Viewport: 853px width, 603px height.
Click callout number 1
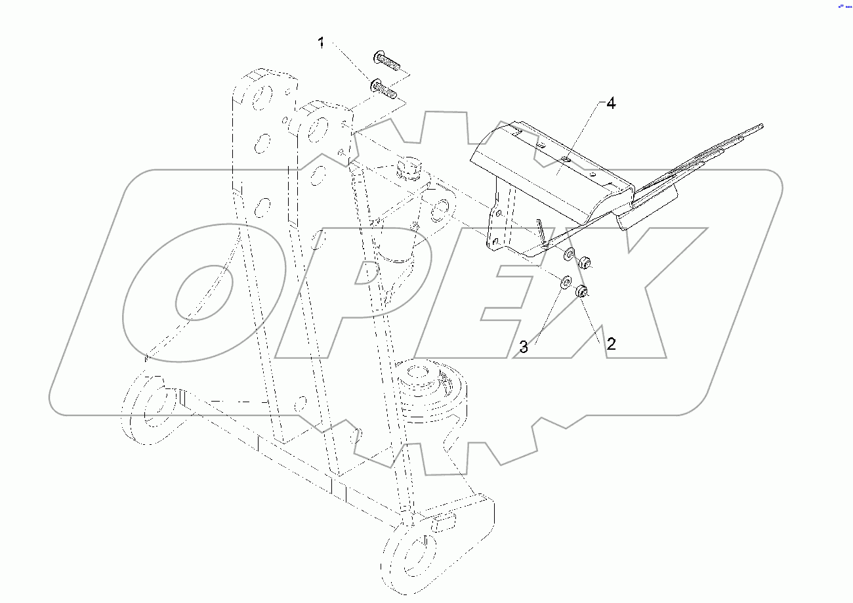coord(321,44)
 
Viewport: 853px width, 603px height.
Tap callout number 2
coord(610,343)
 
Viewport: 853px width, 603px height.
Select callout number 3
coord(524,348)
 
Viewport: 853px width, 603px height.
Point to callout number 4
coord(610,104)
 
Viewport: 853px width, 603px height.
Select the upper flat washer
coord(570,255)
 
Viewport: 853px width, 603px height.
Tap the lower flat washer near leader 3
coord(564,283)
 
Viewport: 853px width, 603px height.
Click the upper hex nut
coord(583,263)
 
